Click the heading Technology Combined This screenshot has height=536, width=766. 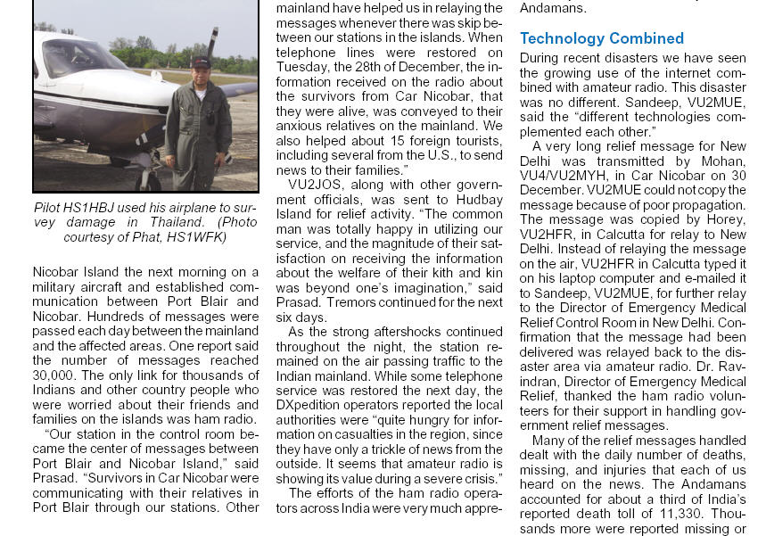pyautogui.click(x=602, y=38)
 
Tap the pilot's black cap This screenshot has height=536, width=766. pyautogui.click(x=201, y=62)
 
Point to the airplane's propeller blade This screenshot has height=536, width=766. pyautogui.click(x=212, y=43)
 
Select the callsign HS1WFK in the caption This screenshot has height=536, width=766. pyautogui.click(x=199, y=236)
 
